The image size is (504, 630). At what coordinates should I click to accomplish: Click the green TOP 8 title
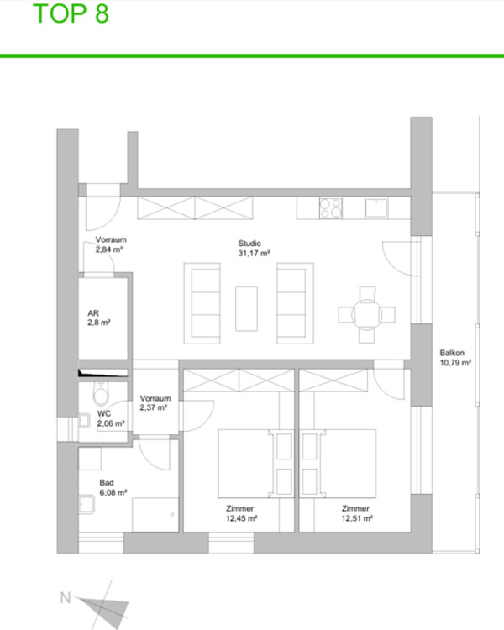(x=71, y=13)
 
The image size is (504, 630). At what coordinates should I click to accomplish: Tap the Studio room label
(x=249, y=244)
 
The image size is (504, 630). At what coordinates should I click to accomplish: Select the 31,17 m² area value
(x=254, y=254)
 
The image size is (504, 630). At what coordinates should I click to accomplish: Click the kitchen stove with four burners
(x=331, y=208)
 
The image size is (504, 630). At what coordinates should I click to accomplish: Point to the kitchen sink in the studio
(x=376, y=207)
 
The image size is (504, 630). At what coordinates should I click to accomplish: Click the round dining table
(x=366, y=314)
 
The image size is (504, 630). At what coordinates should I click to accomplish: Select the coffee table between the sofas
(x=246, y=308)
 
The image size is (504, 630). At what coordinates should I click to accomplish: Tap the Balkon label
(x=452, y=353)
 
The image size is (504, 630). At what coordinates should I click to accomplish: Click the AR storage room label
(x=93, y=313)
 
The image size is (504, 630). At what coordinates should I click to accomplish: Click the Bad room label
(x=107, y=482)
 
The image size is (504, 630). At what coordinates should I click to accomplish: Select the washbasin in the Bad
(x=87, y=505)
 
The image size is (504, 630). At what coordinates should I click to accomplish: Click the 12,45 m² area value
(x=241, y=519)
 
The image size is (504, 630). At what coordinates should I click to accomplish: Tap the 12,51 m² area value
(x=357, y=519)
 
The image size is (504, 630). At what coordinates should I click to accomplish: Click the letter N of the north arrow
(x=66, y=598)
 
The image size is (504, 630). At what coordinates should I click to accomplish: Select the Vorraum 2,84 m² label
(x=111, y=244)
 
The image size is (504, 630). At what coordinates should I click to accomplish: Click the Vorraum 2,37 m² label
(x=155, y=403)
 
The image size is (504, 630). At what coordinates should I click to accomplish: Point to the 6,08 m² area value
(x=113, y=492)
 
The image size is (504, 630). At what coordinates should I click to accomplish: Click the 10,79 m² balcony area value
(x=455, y=363)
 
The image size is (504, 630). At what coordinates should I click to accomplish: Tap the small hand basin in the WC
(x=84, y=421)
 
